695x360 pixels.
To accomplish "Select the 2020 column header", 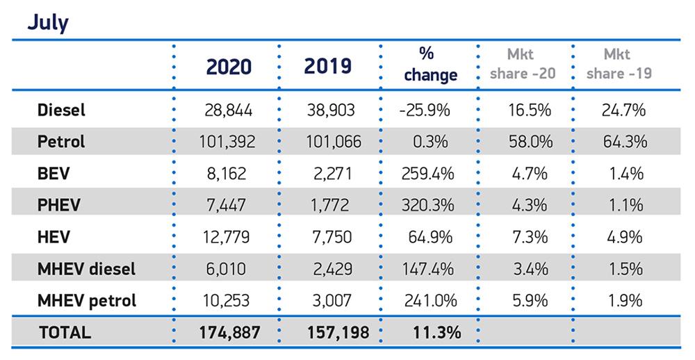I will (x=229, y=66).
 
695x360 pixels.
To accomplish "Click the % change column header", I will (x=430, y=65).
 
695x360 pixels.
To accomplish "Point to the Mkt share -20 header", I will (x=523, y=64).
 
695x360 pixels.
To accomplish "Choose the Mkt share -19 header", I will (x=619, y=64).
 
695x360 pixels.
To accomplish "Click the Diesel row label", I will (x=61, y=110).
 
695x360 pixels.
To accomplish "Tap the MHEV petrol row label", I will (x=87, y=300).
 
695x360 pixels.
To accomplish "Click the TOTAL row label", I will (x=64, y=332).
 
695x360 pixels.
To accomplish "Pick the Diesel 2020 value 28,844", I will (x=228, y=110).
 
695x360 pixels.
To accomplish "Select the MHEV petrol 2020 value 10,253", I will (x=228, y=300).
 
